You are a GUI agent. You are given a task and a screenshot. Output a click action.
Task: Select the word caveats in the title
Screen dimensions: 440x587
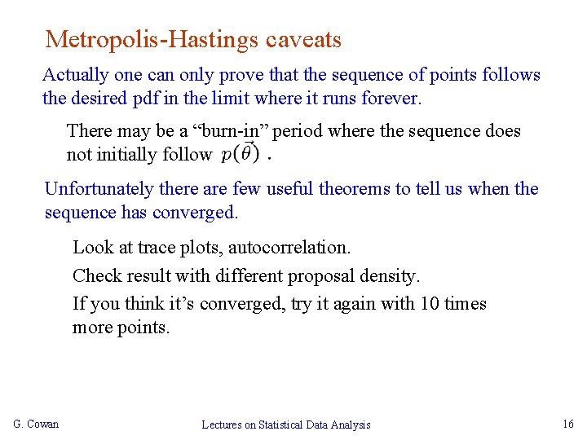coord(304,39)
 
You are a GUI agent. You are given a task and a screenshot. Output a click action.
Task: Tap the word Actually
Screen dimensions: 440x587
coord(76,75)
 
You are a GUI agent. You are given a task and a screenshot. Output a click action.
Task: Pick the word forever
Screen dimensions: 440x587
coord(391,99)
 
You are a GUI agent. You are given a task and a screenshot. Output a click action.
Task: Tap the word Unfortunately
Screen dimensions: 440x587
coord(99,189)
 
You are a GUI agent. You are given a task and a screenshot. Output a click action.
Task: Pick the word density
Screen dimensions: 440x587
coord(390,276)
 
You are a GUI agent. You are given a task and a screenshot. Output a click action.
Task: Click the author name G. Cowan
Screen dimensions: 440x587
coord(37,424)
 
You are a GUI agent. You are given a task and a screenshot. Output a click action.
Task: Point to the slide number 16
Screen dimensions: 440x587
coord(568,424)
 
